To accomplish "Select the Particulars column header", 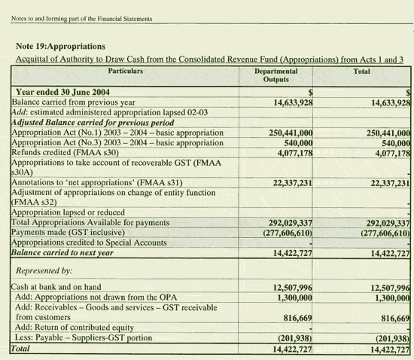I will click(126, 71).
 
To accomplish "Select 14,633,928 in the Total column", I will click(387, 102).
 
